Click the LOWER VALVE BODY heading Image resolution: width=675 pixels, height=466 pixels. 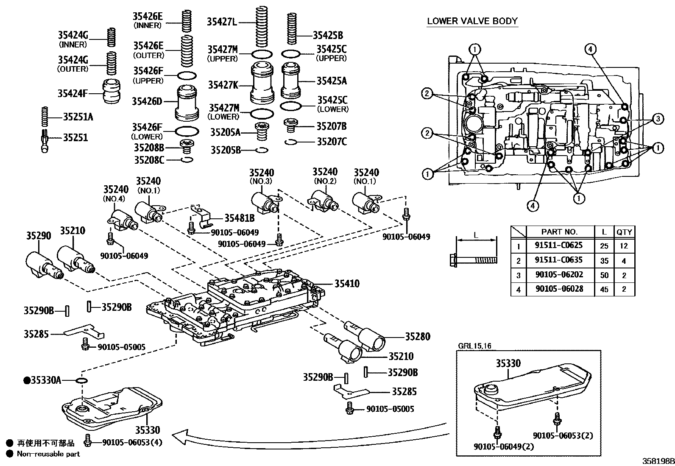472,21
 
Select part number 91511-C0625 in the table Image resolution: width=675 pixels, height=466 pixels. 559,245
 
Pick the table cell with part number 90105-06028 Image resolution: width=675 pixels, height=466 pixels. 559,289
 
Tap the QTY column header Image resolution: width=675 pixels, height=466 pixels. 624,232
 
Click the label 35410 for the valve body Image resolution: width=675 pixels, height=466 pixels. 346,284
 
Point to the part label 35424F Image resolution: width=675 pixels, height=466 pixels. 72,93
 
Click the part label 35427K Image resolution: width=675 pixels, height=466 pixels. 223,85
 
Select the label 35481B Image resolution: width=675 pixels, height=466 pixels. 239,218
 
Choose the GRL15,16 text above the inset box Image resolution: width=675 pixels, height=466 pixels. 474,346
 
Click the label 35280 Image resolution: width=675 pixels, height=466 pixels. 417,337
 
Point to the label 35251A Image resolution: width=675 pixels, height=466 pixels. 78,117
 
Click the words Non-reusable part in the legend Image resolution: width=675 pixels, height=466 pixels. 48,454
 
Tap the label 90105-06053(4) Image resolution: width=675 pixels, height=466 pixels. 132,442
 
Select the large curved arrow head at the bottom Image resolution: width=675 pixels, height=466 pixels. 180,435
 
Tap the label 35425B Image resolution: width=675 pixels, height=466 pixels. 328,35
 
